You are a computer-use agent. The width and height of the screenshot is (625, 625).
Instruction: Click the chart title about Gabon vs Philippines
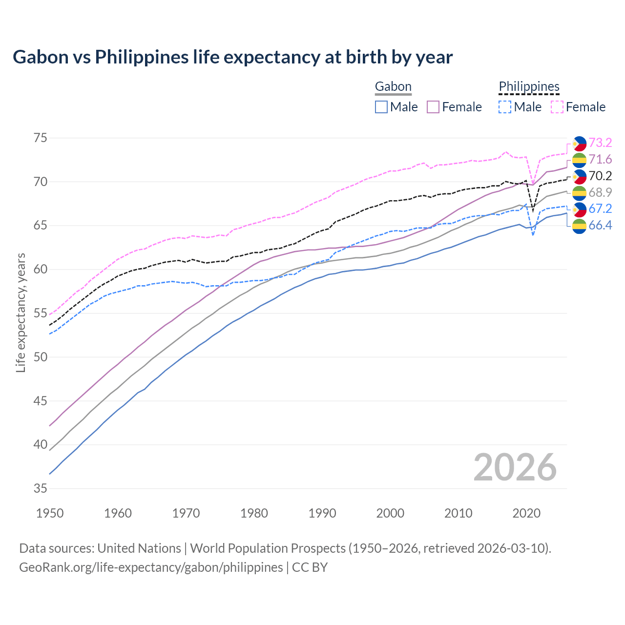(232, 57)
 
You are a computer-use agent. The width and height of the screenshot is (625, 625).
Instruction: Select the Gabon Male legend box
(381, 107)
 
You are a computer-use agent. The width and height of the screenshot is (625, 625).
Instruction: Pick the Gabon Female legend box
(433, 107)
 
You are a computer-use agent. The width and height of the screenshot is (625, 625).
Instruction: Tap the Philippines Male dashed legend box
(505, 107)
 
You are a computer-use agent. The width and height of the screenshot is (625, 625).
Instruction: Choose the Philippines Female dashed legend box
(557, 107)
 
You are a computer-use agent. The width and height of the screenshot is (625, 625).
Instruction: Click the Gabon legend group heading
(393, 86)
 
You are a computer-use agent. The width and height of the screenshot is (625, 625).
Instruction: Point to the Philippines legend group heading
(529, 86)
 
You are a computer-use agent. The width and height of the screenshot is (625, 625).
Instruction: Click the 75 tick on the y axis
(41, 138)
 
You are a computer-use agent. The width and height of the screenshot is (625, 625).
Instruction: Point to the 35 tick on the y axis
(41, 488)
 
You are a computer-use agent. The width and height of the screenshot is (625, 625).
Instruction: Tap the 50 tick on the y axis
(41, 357)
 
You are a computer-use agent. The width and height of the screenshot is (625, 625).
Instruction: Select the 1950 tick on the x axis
(50, 513)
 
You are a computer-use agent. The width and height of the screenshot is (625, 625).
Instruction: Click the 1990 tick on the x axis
(322, 513)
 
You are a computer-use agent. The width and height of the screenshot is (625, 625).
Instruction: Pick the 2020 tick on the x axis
(526, 513)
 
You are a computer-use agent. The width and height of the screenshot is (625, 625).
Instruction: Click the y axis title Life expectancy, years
(21, 312)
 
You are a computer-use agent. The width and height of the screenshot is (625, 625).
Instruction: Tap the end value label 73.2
(600, 143)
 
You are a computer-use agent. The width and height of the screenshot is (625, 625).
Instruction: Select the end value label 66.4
(600, 225)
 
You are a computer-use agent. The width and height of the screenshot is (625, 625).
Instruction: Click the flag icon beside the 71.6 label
(579, 160)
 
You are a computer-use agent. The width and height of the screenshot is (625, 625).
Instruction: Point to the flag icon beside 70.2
(579, 176)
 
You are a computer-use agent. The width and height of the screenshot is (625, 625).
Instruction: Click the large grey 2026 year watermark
(515, 467)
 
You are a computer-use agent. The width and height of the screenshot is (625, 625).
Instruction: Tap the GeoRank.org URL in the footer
(151, 567)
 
